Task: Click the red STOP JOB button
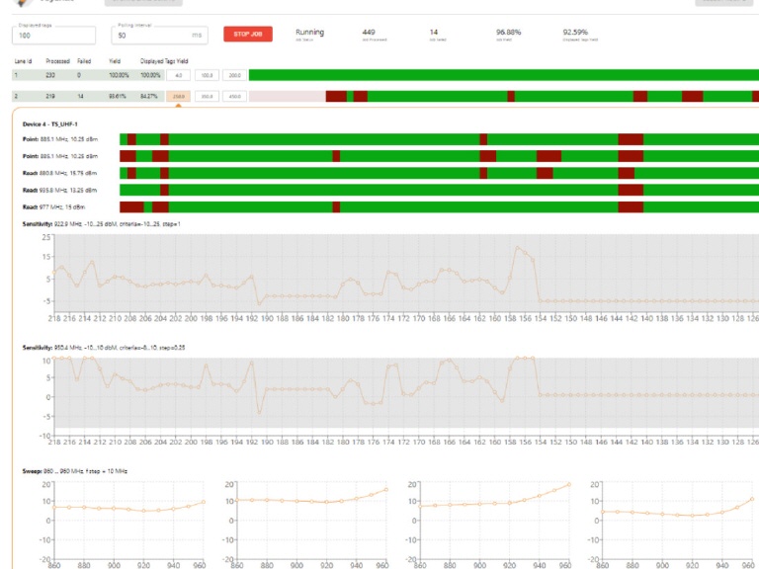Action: pos(247,35)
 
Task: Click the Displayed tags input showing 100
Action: pos(54,36)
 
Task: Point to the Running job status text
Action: pos(309,32)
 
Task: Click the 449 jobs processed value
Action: pos(369,32)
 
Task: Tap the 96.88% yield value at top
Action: pos(508,32)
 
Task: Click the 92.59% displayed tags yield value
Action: pos(575,32)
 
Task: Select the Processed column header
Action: pos(57,61)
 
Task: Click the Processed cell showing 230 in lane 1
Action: pos(50,75)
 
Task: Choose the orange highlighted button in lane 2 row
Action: pos(179,96)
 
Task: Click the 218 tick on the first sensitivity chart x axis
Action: pos(53,318)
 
